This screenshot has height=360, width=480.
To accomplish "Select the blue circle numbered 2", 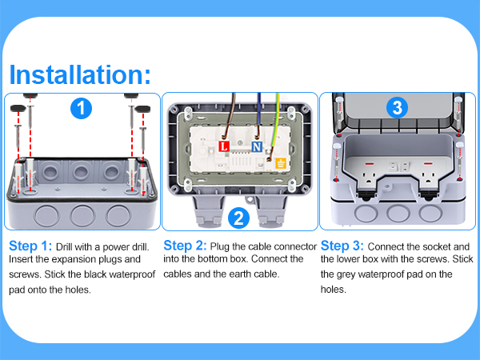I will coord(237,217).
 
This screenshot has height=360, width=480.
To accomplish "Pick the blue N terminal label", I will coord(256,147).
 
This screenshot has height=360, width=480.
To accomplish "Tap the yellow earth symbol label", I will coord(281,164).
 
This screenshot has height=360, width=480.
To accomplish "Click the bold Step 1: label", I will coord(30,246).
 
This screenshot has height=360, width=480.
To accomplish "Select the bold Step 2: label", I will coord(186,245).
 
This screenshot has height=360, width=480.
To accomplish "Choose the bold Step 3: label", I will coord(342,245).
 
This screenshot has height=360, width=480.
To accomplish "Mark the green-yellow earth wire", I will coord(274,120).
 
